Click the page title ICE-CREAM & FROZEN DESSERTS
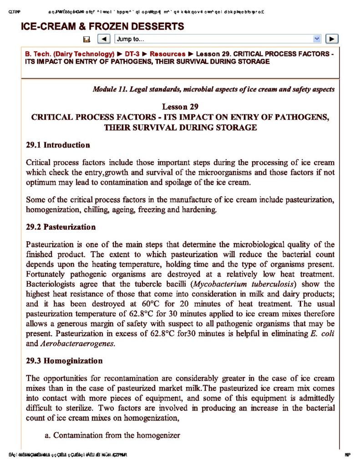(x=102, y=26)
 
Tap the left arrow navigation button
(x=104, y=39)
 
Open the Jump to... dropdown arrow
(x=317, y=39)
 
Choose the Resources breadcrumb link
(x=167, y=54)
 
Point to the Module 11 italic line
(x=213, y=89)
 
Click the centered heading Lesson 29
(x=180, y=107)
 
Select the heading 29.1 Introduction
(x=58, y=145)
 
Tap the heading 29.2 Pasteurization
(x=61, y=227)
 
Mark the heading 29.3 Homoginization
(x=64, y=361)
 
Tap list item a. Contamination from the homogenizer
(x=112, y=436)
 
